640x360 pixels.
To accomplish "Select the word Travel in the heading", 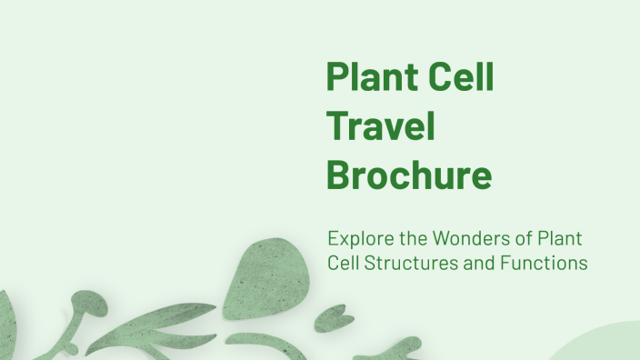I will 381,125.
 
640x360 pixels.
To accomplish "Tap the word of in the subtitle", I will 517,240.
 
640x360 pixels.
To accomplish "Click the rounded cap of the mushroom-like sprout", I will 85,301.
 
